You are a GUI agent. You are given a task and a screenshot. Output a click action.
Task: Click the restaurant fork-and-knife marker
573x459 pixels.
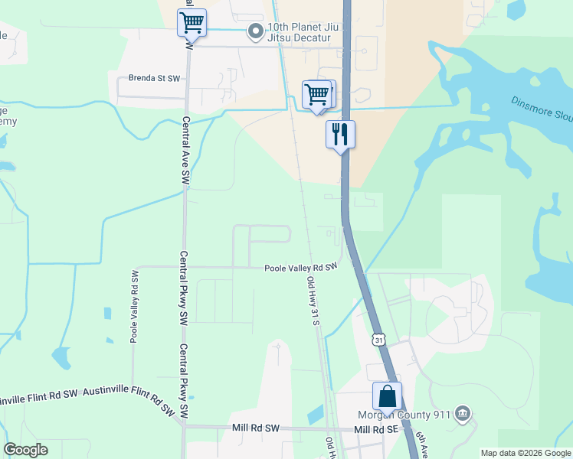341,135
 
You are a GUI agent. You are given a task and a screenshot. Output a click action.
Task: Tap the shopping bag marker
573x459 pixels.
387,396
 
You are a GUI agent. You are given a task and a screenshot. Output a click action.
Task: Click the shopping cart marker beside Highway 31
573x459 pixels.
316,95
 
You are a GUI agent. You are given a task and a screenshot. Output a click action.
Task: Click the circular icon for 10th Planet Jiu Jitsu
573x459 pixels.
254,31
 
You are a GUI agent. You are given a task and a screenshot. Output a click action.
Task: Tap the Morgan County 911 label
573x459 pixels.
402,415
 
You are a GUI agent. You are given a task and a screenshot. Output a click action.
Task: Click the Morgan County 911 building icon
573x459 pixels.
462,414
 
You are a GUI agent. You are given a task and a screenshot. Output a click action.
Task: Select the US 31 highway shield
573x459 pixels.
378,338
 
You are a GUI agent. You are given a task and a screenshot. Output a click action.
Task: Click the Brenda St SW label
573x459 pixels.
154,79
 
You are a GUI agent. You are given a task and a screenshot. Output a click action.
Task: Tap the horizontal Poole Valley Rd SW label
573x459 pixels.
301,268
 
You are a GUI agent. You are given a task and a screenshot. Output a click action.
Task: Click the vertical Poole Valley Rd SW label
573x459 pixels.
134,306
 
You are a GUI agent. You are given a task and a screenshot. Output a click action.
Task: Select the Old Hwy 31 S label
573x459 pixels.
313,301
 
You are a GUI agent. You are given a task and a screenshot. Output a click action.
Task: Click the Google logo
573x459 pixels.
25,450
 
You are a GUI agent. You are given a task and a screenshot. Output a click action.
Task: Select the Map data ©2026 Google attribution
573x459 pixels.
525,453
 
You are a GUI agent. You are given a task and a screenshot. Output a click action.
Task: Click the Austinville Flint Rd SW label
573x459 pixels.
41,395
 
